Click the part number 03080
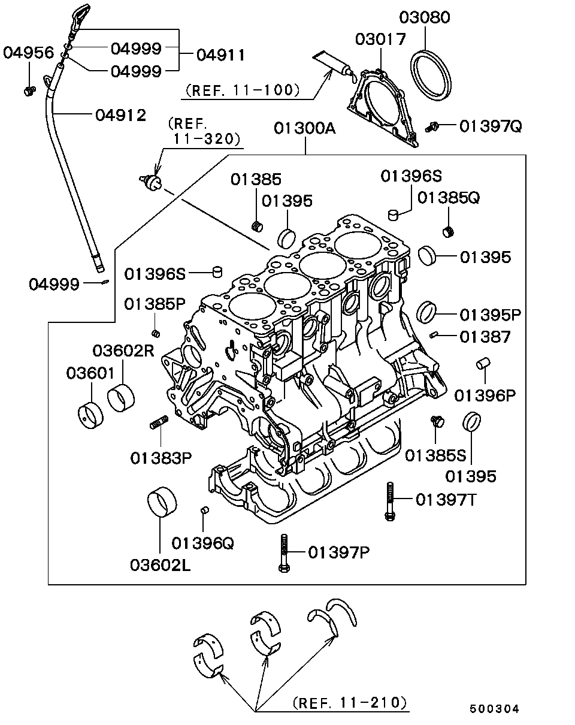pyautogui.click(x=425, y=17)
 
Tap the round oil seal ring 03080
pyautogui.click(x=432, y=74)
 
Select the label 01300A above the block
pyautogui.click(x=305, y=128)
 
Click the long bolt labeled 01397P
pyautogui.click(x=284, y=552)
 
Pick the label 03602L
pyautogui.click(x=161, y=564)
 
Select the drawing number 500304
pyautogui.click(x=494, y=709)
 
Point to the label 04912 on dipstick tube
pyautogui.click(x=120, y=114)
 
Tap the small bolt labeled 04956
pyautogui.click(x=28, y=90)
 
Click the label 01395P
pyautogui.click(x=491, y=314)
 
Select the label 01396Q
pyautogui.click(x=202, y=543)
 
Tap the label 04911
pyautogui.click(x=220, y=55)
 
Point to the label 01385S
pyautogui.click(x=435, y=455)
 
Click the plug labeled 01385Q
pyautogui.click(x=447, y=231)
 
